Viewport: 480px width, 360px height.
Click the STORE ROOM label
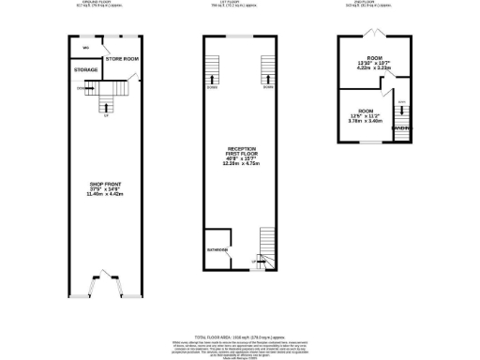point(121,59)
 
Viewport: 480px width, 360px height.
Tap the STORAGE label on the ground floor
point(86,69)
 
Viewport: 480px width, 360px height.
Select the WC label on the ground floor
point(85,48)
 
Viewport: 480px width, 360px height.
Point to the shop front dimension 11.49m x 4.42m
point(106,194)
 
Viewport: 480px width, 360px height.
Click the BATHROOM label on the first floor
point(217,250)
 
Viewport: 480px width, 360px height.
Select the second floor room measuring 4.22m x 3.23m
point(374,64)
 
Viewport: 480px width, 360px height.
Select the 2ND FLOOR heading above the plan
point(374,3)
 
